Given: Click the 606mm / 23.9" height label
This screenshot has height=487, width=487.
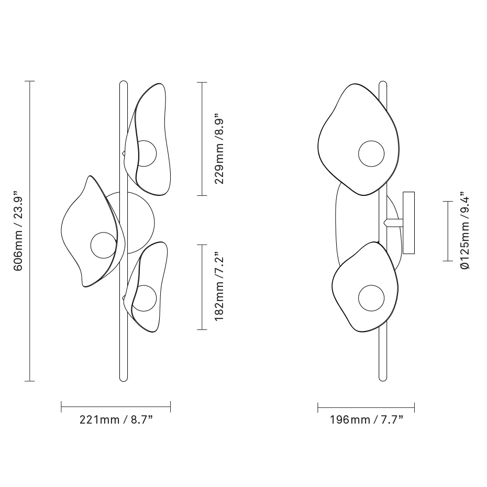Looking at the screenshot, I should point(18,231).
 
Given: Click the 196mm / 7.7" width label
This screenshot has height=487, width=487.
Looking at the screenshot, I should point(366,419).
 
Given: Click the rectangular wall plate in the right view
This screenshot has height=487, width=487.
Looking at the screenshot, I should point(408,223).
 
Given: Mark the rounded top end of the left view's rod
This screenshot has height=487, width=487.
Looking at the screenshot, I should point(124,84).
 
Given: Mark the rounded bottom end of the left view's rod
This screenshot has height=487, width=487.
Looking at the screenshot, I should point(124,378).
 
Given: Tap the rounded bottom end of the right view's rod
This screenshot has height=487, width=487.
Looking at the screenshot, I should point(382,378).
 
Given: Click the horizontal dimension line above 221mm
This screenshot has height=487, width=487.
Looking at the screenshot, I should point(116,406).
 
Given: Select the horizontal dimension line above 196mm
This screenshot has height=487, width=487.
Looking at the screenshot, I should point(366,406).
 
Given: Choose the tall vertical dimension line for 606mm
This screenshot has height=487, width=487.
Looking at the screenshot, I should point(30,231).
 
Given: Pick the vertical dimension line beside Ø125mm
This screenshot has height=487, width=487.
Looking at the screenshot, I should point(448,230).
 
